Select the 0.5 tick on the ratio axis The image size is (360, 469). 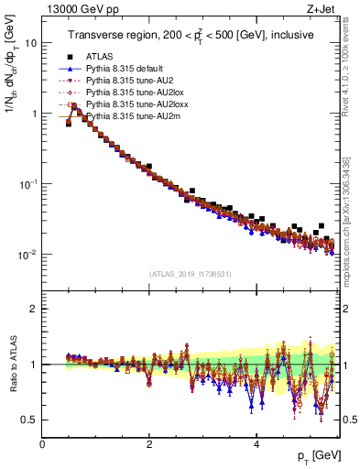pyautogui.click(x=29, y=420)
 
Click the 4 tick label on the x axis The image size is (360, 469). pyautogui.click(x=256, y=443)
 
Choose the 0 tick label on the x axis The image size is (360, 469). pyautogui.click(x=42, y=443)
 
